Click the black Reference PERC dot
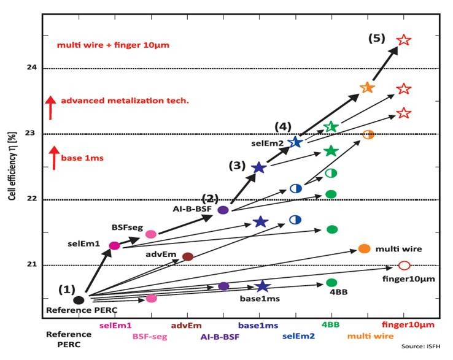tap(79, 300)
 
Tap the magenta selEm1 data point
tap(114, 245)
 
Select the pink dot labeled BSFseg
tap(151, 234)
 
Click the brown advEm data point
tap(188, 256)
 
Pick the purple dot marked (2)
tap(223, 210)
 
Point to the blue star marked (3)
tap(258, 167)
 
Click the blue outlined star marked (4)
tap(295, 142)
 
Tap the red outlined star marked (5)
tap(403, 40)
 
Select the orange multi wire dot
tap(364, 248)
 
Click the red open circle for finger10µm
tap(403, 266)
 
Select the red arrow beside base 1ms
tap(54, 157)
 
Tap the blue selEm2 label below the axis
tap(298, 336)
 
